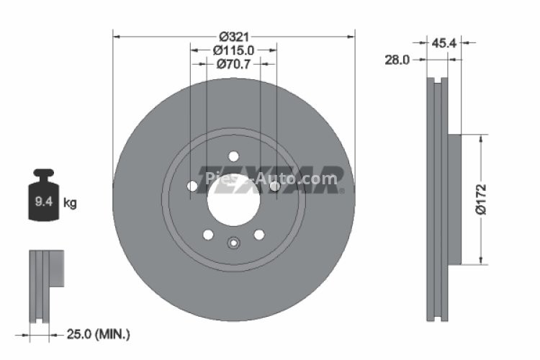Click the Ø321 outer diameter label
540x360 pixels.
[233, 36]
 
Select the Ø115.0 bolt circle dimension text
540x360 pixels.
[234, 50]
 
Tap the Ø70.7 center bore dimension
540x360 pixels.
[234, 65]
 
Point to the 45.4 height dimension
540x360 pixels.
[441, 43]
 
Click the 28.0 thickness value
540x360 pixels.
[397, 60]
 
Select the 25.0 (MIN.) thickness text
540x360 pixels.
[99, 333]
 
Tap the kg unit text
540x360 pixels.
[70, 203]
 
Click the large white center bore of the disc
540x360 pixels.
[233, 197]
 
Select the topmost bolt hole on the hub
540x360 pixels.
[233, 156]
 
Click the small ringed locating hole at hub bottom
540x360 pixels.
[233, 243]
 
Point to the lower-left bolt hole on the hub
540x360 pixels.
[208, 234]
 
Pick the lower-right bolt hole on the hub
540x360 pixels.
[259, 234]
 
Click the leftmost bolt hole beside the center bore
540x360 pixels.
[192, 187]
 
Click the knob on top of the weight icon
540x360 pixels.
[44, 174]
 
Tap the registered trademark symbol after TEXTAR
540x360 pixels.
[342, 191]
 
